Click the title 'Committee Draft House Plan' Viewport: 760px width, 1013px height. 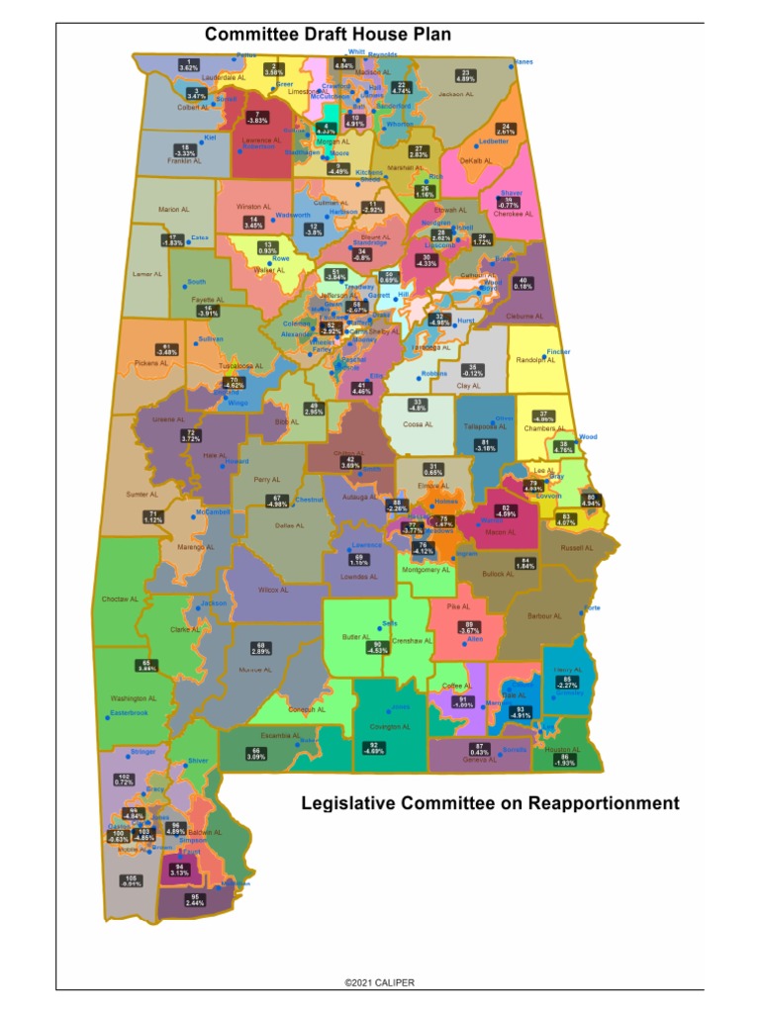pos(328,35)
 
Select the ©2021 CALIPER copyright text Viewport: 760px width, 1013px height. pos(380,982)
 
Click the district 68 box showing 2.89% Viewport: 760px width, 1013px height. pos(261,648)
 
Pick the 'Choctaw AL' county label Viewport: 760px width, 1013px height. pos(120,599)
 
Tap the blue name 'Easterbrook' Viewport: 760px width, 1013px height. pos(129,712)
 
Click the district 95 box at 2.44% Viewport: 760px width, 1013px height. pos(195,901)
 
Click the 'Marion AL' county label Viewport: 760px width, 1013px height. pos(173,210)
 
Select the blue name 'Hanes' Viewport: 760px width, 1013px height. pos(524,62)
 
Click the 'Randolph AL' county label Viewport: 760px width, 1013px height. pos(532,360)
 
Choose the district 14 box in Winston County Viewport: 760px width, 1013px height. pos(253,223)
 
